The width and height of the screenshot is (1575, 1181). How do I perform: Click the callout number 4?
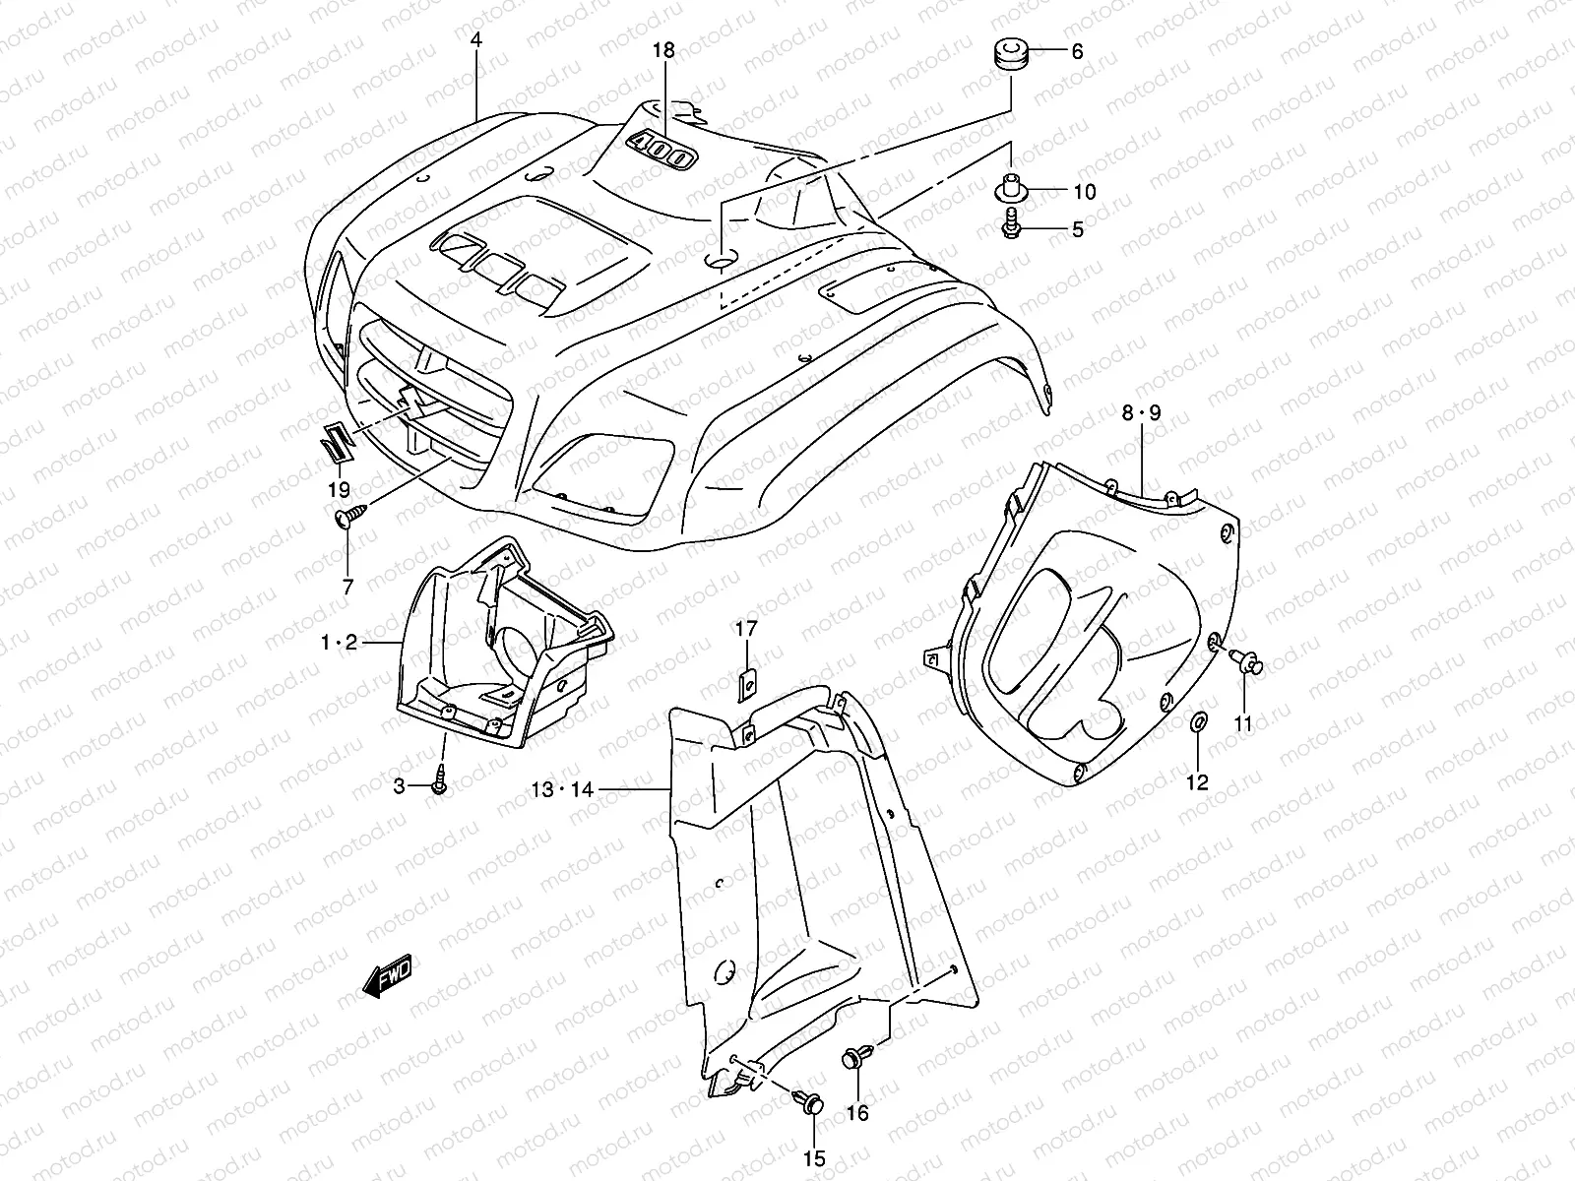coord(477,41)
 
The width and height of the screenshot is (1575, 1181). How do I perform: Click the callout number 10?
coord(1083,191)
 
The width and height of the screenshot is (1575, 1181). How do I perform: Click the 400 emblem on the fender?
coord(662,149)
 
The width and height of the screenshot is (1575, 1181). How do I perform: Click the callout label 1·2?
coord(338,643)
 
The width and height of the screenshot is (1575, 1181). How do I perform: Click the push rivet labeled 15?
coord(811,1105)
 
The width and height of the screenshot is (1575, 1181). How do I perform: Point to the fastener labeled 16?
coord(850,1060)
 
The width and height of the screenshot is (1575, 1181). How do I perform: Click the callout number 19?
coord(338,489)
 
